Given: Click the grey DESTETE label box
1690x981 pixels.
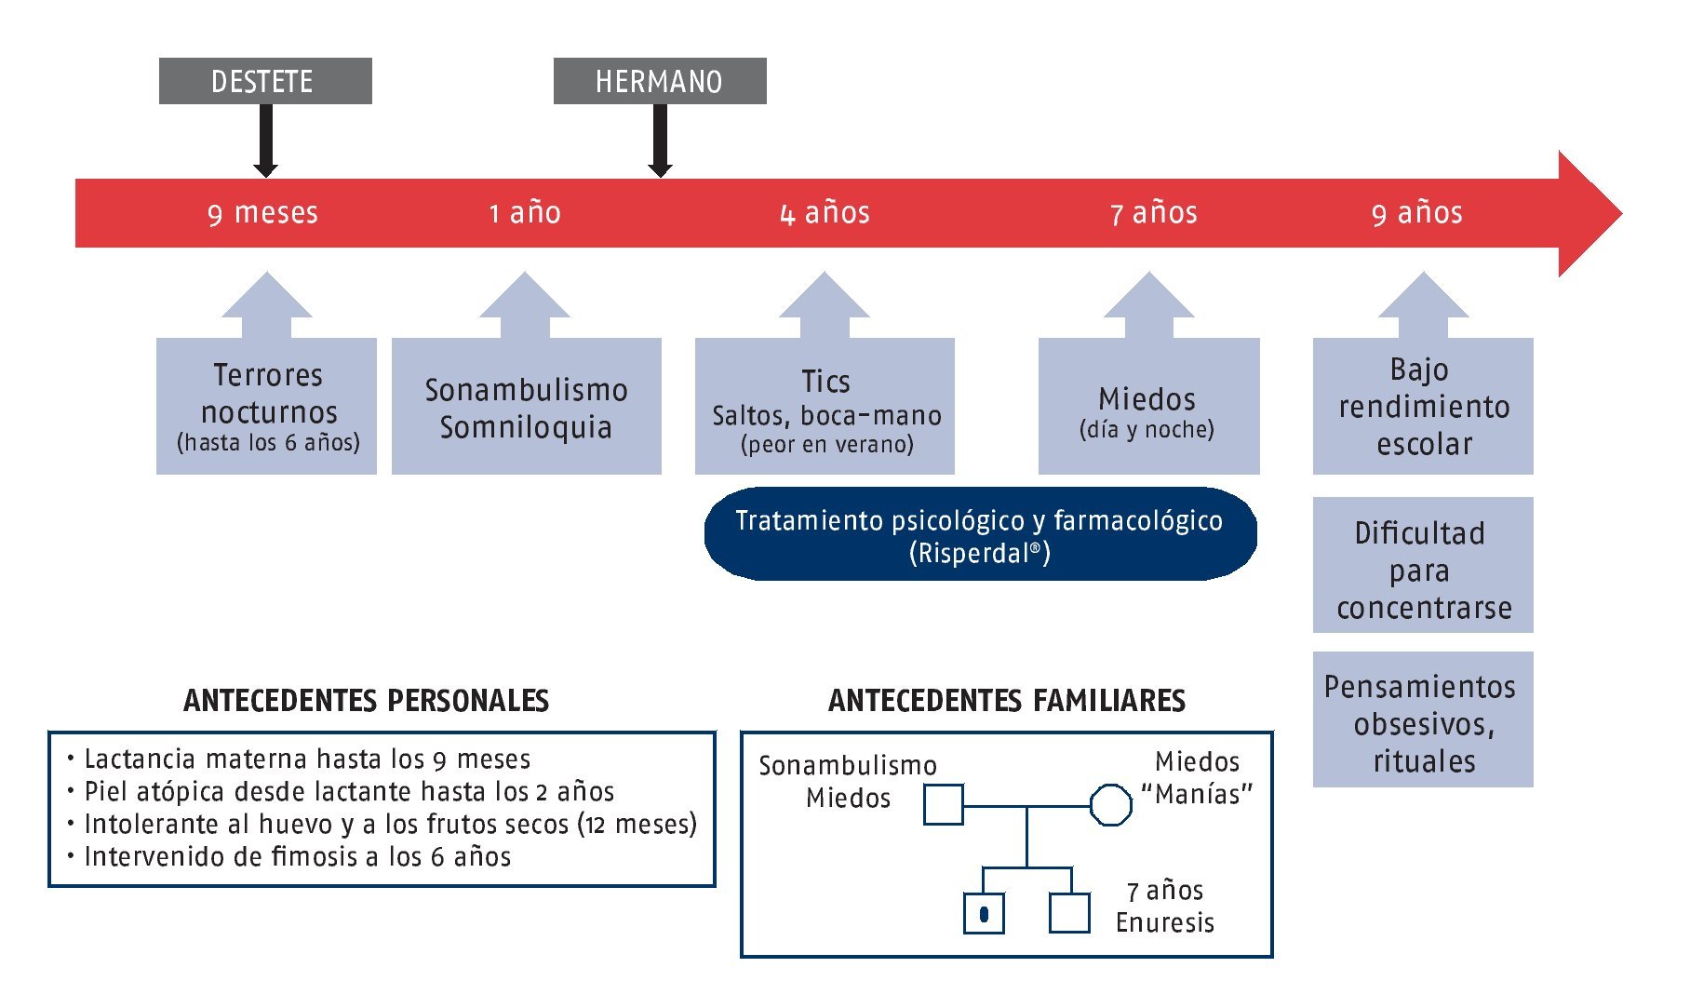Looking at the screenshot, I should tap(265, 81).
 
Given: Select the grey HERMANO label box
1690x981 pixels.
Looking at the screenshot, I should tap(660, 81).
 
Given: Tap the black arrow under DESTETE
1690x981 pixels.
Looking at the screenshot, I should tap(266, 140).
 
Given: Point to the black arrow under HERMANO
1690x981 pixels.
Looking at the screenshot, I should tap(660, 140).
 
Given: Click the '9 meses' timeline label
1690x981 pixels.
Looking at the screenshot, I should tap(262, 213).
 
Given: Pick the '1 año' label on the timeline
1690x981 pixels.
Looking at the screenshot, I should tap(525, 213).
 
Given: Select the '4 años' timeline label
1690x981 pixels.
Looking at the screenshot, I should tap(825, 213).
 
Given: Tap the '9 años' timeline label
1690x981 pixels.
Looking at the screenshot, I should tap(1416, 213).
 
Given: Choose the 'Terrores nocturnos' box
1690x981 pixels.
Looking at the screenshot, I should tap(267, 407).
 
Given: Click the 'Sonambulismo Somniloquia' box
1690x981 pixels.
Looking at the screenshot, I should tap(527, 407).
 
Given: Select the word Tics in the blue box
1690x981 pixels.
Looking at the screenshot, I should tap(825, 382).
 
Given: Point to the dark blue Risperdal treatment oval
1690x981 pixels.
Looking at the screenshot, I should tap(980, 535).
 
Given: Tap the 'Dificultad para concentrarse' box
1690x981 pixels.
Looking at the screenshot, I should tap(1423, 566).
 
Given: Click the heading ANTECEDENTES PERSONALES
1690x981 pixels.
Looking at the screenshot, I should tap(366, 700).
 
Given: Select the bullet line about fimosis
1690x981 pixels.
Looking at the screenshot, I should tap(297, 856).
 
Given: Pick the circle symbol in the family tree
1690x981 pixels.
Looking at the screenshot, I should tap(1110, 805).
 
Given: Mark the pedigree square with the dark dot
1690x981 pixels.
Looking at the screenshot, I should tap(984, 913).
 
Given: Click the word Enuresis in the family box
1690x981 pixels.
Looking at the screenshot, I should tap(1164, 922).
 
